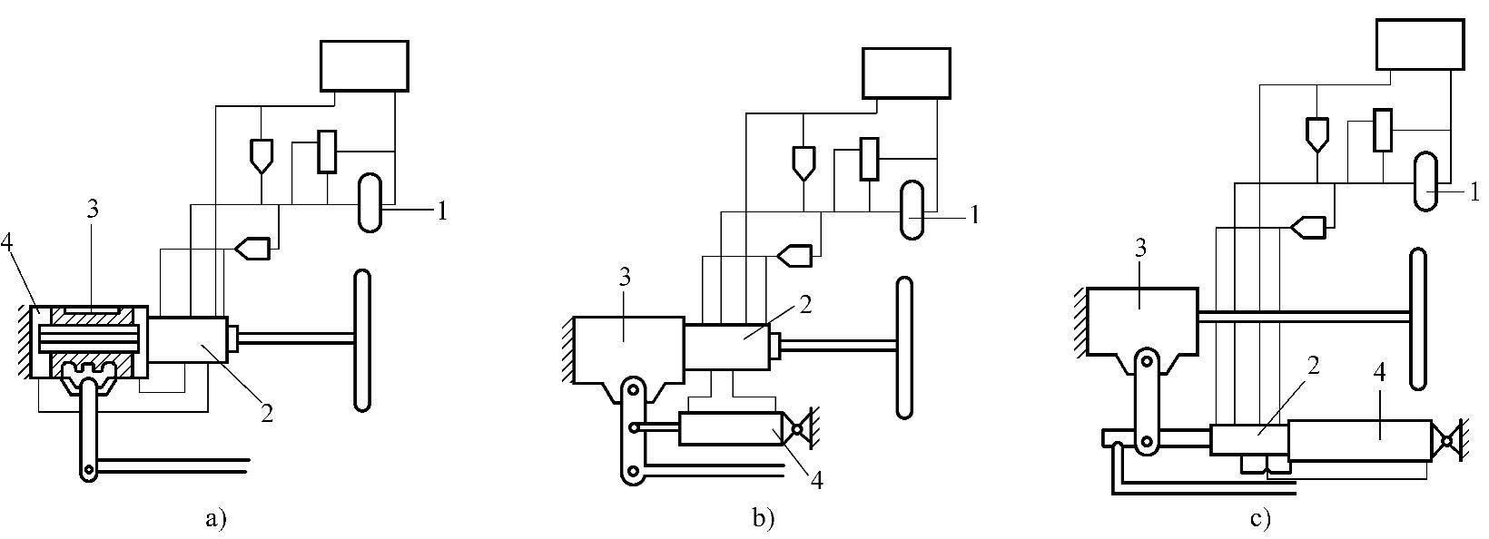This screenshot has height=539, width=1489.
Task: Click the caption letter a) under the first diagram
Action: [216, 520]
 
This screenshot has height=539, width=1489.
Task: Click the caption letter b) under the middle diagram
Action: [763, 520]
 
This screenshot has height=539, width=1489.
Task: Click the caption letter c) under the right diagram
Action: [1260, 520]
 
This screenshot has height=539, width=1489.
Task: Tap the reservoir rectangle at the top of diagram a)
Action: [364, 66]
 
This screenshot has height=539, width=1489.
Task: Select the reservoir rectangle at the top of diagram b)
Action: [906, 73]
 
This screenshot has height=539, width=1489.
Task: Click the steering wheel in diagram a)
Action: [362, 341]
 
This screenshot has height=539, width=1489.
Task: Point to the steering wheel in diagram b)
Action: [903, 348]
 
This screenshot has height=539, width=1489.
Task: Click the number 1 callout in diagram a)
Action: [442, 211]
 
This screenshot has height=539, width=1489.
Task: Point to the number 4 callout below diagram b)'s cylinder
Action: [816, 481]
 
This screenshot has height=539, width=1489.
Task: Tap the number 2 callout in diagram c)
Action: [1313, 366]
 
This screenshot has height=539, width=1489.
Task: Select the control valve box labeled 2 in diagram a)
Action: [187, 340]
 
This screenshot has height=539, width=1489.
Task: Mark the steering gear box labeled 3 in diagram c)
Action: [1142, 322]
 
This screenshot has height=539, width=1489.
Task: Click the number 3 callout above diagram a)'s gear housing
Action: [93, 210]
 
